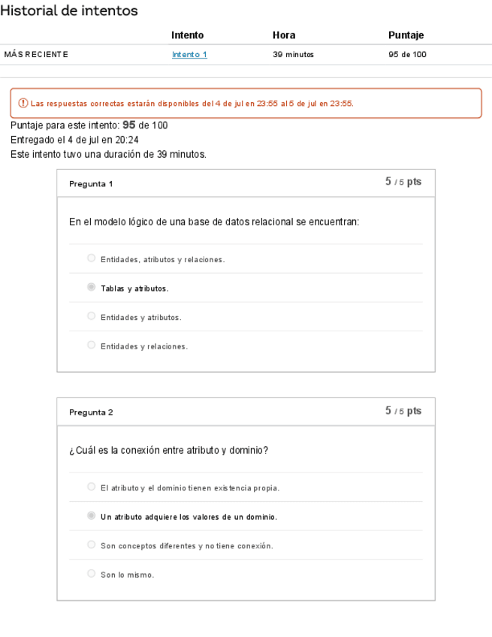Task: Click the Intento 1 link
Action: (189, 54)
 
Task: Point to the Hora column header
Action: (284, 35)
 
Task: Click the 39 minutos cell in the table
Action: (293, 54)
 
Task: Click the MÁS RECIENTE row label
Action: (36, 54)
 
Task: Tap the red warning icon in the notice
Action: (23, 104)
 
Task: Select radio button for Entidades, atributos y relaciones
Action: (91, 258)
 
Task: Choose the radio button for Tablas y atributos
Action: (91, 287)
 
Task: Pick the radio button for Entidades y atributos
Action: (91, 316)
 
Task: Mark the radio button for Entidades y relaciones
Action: (91, 346)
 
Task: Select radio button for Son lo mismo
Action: (91, 574)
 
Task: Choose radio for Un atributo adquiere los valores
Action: (91, 516)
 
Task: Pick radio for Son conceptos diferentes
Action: (91, 545)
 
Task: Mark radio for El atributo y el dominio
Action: (91, 487)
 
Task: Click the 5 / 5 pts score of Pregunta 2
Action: (403, 411)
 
